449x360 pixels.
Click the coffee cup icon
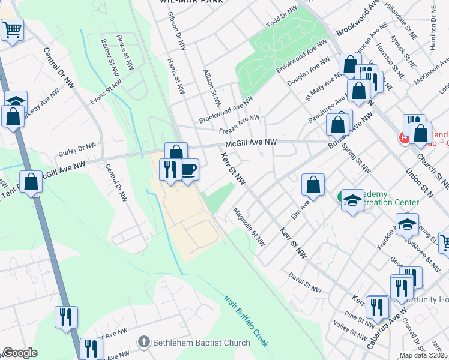[188, 170]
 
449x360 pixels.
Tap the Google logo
[19, 353]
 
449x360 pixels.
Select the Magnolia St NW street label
[249, 227]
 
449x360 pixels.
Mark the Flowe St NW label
[128, 51]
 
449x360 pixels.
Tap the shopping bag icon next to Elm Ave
[313, 185]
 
